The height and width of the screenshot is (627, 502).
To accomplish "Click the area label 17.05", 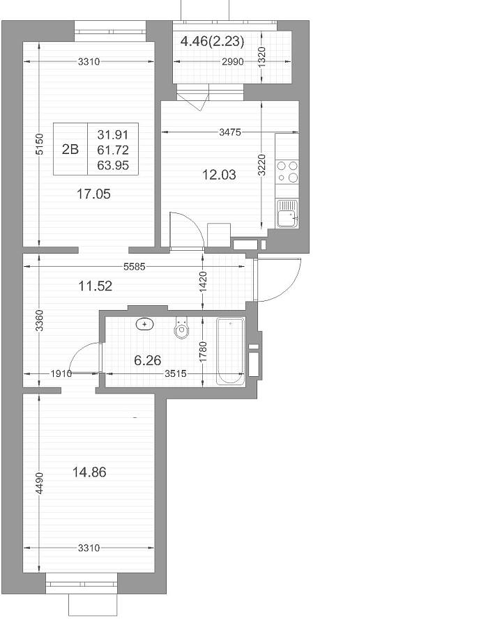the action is point(93,194).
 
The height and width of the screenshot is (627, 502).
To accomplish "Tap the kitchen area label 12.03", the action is point(219,175).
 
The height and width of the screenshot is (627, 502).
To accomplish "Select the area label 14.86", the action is point(89,472).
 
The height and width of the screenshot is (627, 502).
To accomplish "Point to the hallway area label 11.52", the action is point(96,286).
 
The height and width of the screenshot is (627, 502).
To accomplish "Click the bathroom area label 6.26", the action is point(148,360).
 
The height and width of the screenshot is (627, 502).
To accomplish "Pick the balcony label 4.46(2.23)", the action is point(212,41).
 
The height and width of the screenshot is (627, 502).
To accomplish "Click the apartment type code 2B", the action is point(70,149).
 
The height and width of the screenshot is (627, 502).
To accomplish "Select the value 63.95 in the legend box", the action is point(113,164).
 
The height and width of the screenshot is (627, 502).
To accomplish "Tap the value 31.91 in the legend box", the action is point(113,134).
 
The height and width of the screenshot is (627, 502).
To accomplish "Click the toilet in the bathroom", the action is point(181,327).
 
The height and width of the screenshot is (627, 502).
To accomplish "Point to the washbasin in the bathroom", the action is point(145,324).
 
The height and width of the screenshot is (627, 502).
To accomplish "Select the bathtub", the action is point(231,351).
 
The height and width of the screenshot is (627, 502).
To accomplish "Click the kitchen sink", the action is point(287,214).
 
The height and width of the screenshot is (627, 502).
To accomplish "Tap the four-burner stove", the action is point(287,172).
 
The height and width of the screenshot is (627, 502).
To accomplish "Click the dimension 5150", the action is point(39,144).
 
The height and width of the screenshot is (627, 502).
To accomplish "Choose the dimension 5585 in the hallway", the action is point(134,267).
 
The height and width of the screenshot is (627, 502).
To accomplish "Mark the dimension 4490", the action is point(39,483).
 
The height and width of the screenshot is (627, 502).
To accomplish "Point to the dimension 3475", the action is point(230,132).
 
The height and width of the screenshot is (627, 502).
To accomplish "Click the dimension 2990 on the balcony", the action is point(233,62).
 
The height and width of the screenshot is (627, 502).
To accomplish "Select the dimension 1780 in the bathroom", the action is point(203,353).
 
